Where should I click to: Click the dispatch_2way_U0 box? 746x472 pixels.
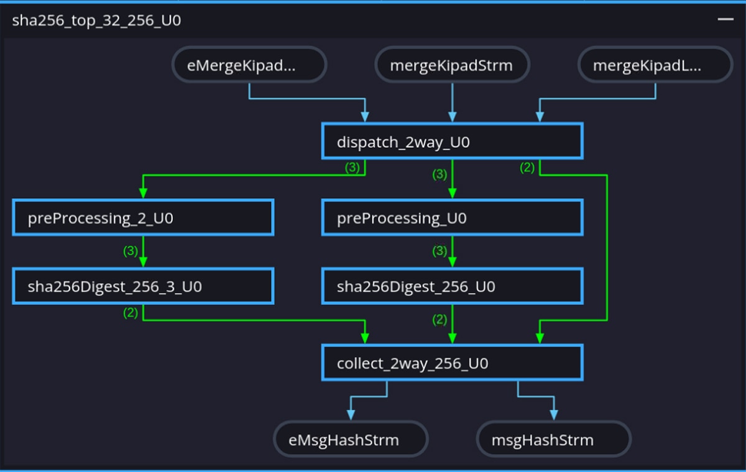(452, 142)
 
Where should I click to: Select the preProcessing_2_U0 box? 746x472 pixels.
(143, 218)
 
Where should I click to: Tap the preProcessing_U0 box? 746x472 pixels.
(452, 218)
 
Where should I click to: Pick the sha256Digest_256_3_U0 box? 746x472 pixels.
(143, 286)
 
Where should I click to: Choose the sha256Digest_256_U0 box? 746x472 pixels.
(452, 286)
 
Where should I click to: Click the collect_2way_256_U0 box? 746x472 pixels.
(452, 363)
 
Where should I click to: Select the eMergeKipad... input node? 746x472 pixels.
(249, 65)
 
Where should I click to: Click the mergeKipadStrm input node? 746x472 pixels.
(452, 65)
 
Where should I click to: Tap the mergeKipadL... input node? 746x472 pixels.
(655, 65)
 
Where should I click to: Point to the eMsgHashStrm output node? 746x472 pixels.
(351, 440)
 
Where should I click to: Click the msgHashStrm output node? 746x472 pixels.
(553, 440)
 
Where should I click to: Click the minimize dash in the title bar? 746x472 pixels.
(725, 20)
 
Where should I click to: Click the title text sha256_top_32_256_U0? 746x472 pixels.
(96, 20)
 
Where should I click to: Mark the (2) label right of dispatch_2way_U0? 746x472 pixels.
(527, 168)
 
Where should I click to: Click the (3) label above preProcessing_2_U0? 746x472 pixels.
(352, 168)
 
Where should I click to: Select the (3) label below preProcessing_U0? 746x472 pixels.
(440, 252)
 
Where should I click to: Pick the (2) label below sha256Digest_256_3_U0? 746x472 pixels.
(131, 314)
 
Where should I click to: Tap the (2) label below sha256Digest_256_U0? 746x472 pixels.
(440, 320)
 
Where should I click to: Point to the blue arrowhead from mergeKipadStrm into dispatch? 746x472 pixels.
(452, 116)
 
